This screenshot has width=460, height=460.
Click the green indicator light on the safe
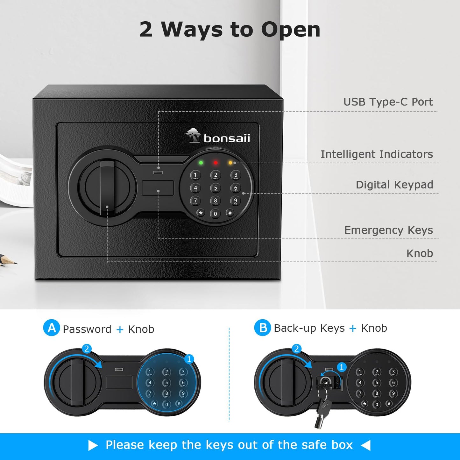(x=201, y=163)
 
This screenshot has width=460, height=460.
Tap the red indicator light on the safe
(x=216, y=163)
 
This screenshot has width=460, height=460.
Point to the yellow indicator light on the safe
(x=230, y=163)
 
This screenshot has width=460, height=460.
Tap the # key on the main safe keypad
(x=230, y=213)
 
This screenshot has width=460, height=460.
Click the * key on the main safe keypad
(x=201, y=213)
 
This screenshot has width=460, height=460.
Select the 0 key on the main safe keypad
(x=216, y=214)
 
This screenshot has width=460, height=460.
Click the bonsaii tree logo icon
(x=193, y=135)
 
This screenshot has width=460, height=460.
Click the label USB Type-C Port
(x=388, y=102)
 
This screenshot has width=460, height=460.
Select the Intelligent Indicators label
(x=377, y=154)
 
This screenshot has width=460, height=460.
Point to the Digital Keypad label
(x=394, y=185)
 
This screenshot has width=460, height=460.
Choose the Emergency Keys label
(x=388, y=230)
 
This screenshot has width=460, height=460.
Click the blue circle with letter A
(x=51, y=328)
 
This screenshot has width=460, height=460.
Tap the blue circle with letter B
(x=262, y=328)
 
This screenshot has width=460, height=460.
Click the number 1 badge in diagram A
(x=189, y=359)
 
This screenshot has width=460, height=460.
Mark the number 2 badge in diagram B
(x=296, y=349)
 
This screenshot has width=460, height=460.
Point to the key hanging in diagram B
(x=322, y=411)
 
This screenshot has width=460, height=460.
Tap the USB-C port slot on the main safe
(x=158, y=173)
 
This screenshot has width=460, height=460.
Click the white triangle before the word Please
(x=93, y=445)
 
